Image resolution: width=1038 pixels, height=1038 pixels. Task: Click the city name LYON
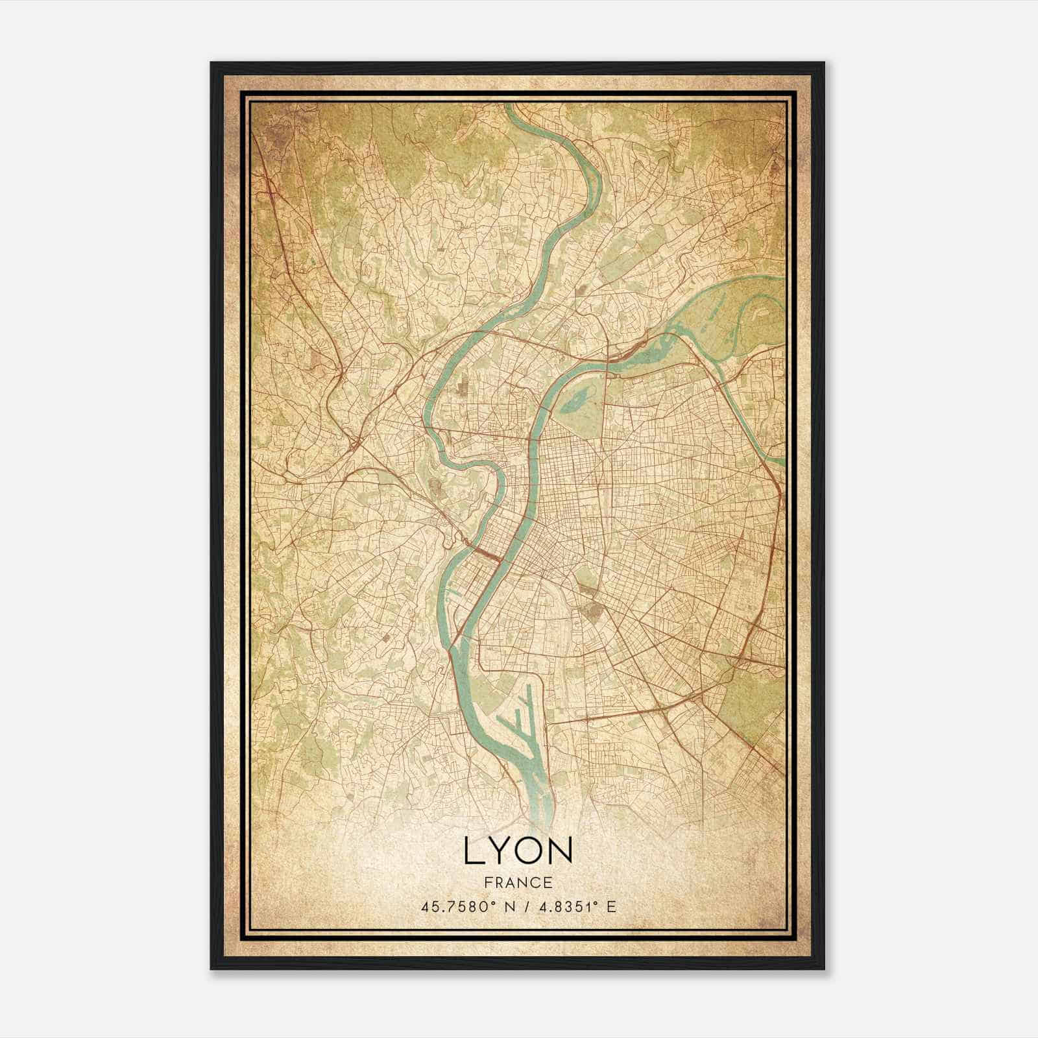click(x=518, y=851)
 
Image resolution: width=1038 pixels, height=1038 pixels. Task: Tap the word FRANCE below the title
click(x=518, y=882)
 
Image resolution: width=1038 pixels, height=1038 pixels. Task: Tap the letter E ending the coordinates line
click(x=611, y=906)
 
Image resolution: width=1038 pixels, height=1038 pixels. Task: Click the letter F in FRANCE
click(x=488, y=882)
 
